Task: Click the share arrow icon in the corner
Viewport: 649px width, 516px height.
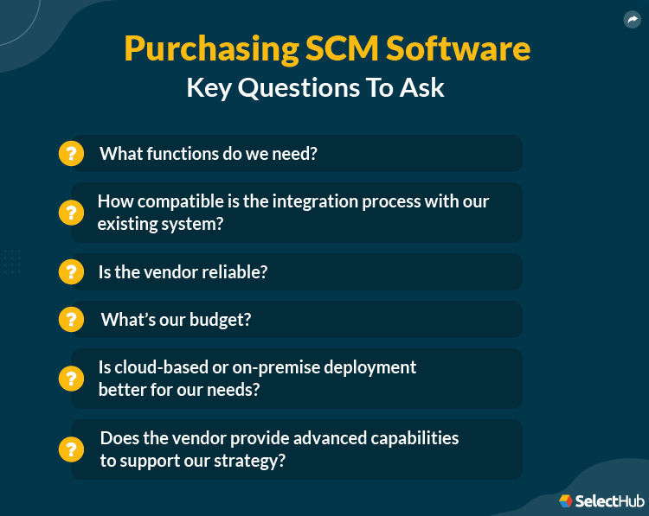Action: coord(632,19)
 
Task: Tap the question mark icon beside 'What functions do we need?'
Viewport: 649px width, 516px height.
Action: coord(71,154)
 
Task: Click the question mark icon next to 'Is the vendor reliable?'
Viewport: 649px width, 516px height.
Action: coord(71,271)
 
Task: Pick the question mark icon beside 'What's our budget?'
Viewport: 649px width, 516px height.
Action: coord(71,319)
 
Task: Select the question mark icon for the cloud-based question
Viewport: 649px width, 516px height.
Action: coord(71,378)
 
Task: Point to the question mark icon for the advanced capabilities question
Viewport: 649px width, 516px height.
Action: coord(71,449)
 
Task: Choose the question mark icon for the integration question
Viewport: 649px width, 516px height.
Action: coord(71,212)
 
